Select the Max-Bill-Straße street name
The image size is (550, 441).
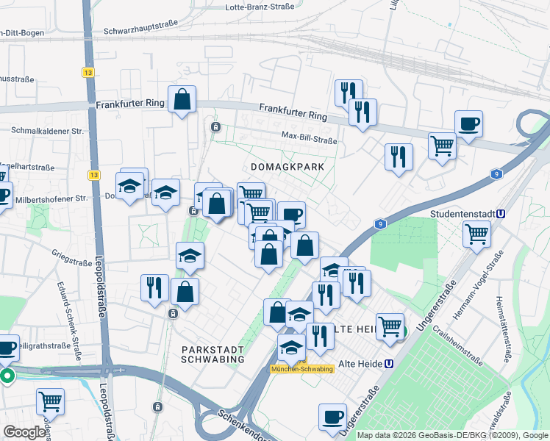[309, 136]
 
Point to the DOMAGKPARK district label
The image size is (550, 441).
[287, 168]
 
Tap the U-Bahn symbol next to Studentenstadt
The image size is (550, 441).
[501, 215]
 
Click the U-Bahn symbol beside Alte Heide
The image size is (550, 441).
[389, 363]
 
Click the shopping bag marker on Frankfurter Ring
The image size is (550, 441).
[182, 99]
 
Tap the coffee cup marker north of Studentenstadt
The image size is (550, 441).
[468, 123]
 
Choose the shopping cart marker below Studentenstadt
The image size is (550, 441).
[476, 234]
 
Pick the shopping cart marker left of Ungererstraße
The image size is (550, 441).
[389, 326]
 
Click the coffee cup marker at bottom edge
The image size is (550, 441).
[332, 416]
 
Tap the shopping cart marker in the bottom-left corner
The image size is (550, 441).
[50, 401]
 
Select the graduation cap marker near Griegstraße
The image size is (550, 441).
[190, 256]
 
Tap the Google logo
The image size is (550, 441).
[24, 432]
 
